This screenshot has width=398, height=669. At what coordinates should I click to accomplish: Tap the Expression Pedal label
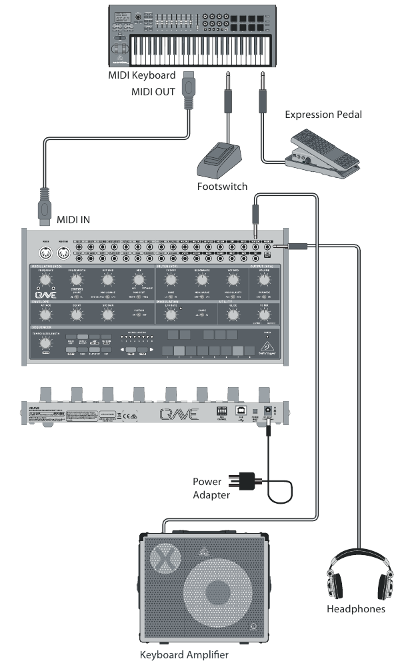[x=323, y=115]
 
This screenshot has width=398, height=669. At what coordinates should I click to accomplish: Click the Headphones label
[x=355, y=608]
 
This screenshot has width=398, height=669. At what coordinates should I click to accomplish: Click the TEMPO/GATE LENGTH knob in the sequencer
[x=45, y=342]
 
